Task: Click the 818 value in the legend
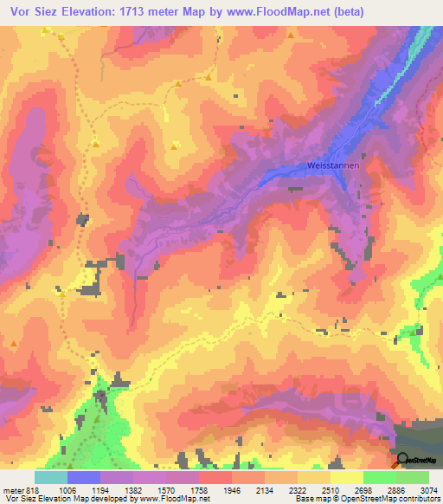32,489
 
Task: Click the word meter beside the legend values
12,489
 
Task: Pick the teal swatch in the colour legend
51,477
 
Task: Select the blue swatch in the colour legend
84,477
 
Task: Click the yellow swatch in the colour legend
346,477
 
